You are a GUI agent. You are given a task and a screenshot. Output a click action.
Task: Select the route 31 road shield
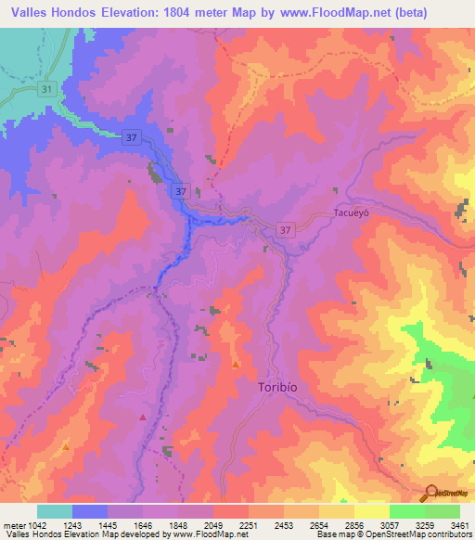pos(48,89)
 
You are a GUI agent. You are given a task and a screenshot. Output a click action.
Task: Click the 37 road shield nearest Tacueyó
pos(286,230)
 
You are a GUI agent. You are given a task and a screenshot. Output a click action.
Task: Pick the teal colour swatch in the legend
pos(54,511)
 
